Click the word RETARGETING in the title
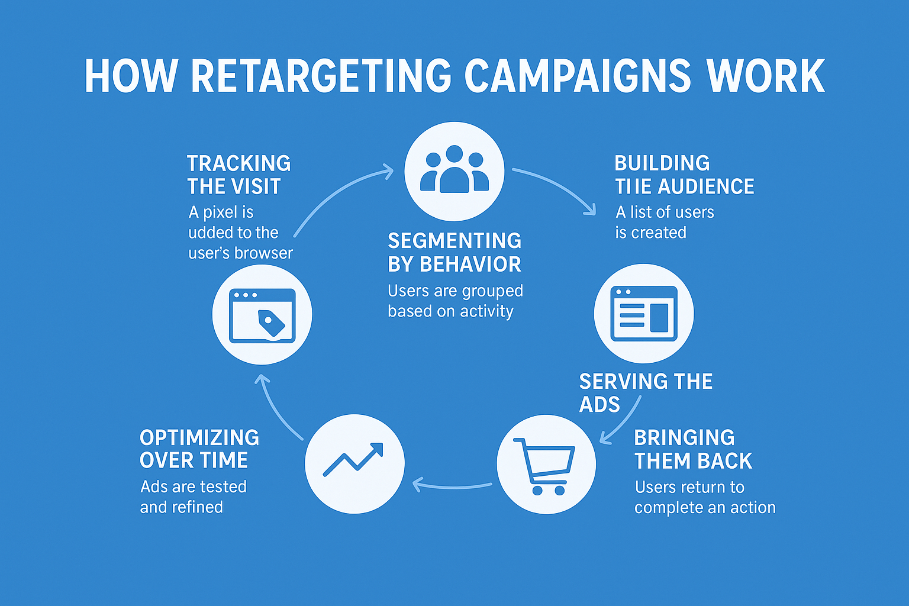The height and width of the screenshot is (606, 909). [321, 76]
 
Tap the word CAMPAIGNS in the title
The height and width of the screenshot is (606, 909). [577, 76]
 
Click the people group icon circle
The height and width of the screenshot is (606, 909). [454, 171]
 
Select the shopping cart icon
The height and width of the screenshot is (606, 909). [546, 465]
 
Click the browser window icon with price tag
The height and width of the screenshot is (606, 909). [262, 315]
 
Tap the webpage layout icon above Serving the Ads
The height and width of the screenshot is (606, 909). [644, 313]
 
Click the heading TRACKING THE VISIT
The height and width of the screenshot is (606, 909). [238, 175]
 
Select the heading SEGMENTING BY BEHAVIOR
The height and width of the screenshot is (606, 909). [454, 252]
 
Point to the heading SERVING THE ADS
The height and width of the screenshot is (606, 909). [645, 392]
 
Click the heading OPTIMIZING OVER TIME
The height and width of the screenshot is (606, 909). [199, 449]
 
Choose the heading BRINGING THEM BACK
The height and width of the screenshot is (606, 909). [692, 449]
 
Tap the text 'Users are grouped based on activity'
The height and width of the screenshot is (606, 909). [454, 301]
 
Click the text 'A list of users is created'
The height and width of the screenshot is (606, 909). [664, 222]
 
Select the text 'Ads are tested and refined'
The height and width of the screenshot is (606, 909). [193, 497]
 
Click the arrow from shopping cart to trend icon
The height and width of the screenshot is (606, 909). [453, 486]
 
